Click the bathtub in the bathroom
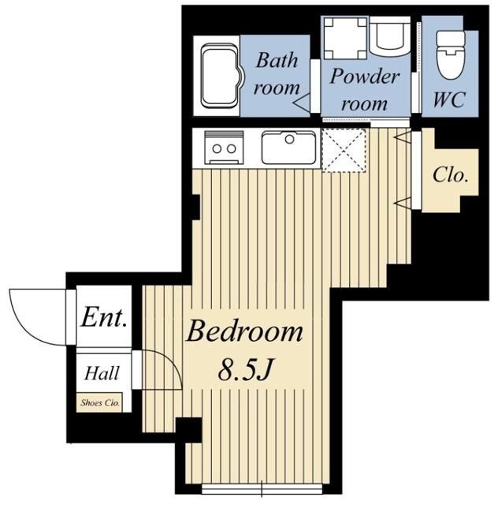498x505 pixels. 221,76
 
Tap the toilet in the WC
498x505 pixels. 451,54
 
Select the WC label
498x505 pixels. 449,99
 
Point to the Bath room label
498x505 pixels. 277,73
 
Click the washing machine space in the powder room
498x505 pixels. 345,38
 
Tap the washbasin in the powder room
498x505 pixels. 389,36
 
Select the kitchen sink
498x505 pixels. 288,148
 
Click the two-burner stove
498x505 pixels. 224,148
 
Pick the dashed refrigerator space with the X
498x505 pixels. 344,150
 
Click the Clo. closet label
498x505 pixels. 450,175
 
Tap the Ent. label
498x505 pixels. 103,317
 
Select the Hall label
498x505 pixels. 102,373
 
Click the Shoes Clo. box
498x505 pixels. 99,402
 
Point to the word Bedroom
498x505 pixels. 244,331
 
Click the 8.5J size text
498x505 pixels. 246,369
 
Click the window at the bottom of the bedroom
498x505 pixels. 262,488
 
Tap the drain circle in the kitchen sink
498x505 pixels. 289,139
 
